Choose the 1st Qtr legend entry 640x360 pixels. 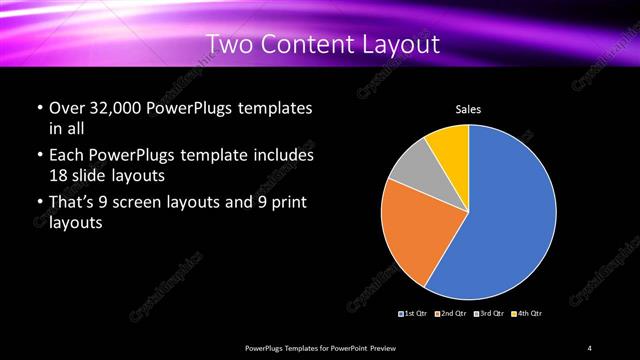click(x=415, y=314)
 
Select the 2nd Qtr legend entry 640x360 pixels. click(x=452, y=314)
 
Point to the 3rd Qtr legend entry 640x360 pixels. click(x=490, y=314)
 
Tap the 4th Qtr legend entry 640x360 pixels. click(x=527, y=314)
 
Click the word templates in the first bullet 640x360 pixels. click(x=269, y=108)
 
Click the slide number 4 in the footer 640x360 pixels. click(x=590, y=347)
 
